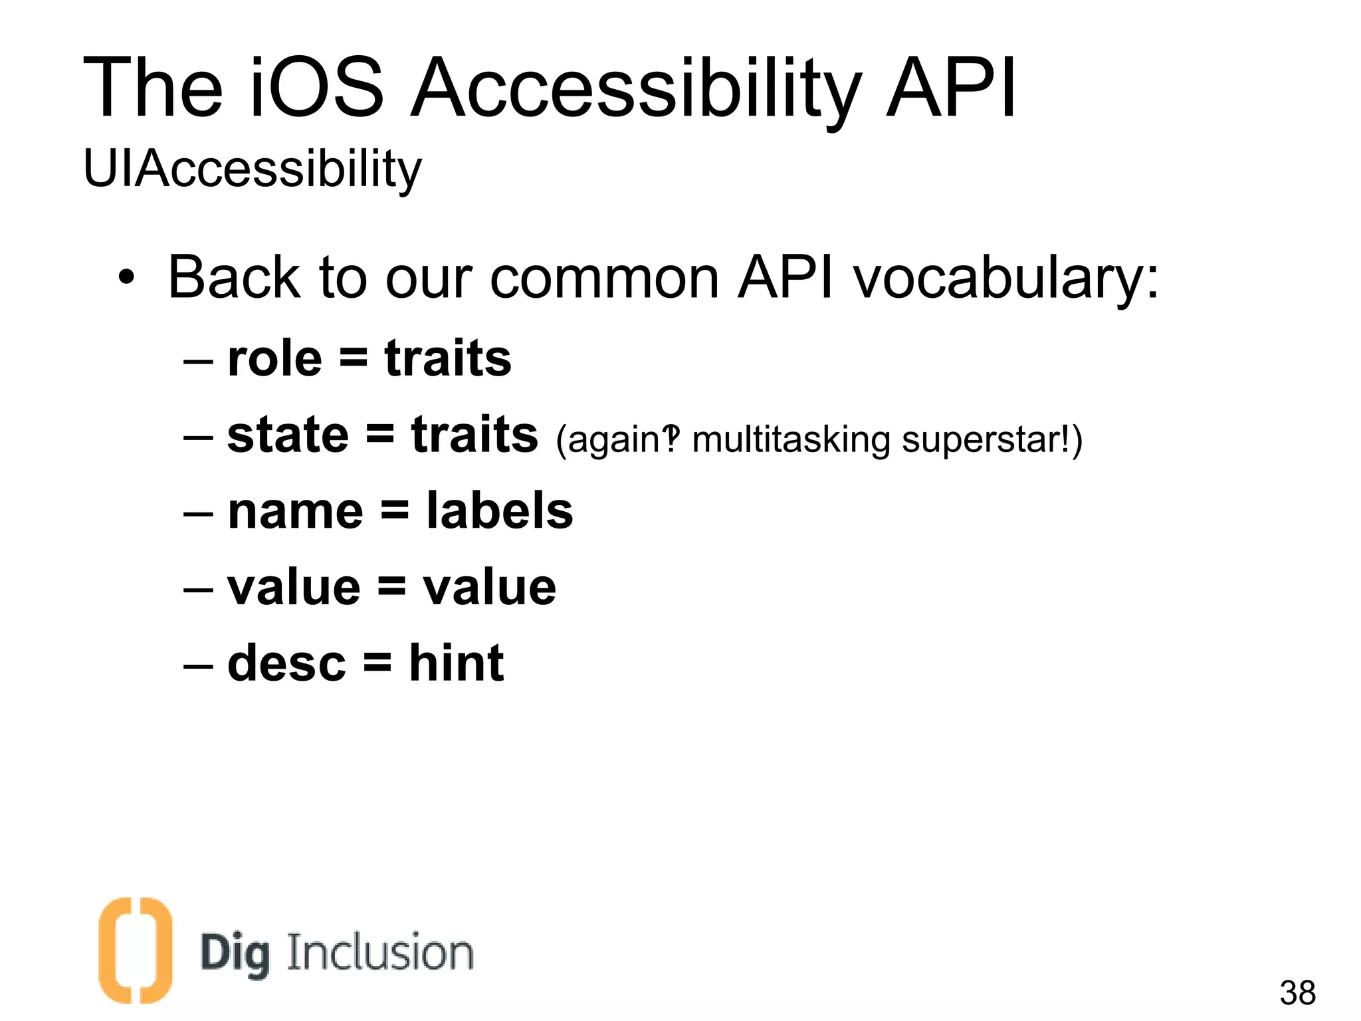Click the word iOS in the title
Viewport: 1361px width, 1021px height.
[317, 88]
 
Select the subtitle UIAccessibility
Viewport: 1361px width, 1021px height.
[252, 170]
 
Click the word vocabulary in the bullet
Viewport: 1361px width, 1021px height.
[1005, 278]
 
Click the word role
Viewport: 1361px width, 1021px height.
[274, 359]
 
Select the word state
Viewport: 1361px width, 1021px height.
[288, 435]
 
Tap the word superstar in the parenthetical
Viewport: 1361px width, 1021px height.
[984, 440]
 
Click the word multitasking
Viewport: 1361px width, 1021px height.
[791, 440]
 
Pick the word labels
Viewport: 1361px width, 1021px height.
[499, 511]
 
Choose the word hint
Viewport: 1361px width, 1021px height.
[456, 663]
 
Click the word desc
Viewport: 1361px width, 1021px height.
[286, 663]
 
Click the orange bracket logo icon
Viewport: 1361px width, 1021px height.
[135, 950]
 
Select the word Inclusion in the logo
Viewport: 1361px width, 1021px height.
[379, 953]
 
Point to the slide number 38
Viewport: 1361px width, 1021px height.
[1297, 993]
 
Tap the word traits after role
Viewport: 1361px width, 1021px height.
[448, 359]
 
